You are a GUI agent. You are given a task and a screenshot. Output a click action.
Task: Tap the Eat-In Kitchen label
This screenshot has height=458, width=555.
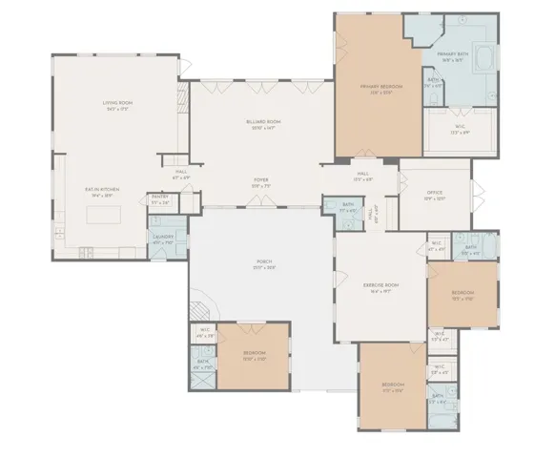(102, 190)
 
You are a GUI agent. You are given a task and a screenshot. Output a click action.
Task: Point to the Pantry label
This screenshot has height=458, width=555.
(159, 198)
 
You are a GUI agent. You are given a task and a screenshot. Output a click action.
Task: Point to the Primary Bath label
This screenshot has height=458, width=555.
(451, 54)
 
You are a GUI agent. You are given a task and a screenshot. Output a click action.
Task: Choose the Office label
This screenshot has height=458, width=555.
(434, 194)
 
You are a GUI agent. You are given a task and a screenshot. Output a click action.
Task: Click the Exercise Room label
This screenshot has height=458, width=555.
(380, 285)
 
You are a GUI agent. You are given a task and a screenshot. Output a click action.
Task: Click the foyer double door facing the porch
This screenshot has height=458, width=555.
(260, 203)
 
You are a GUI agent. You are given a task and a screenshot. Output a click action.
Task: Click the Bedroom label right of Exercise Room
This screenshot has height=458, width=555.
(462, 294)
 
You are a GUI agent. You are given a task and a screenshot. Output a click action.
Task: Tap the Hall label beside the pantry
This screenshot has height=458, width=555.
(180, 175)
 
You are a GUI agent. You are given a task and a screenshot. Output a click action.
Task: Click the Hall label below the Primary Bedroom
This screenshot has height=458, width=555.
(363, 176)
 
